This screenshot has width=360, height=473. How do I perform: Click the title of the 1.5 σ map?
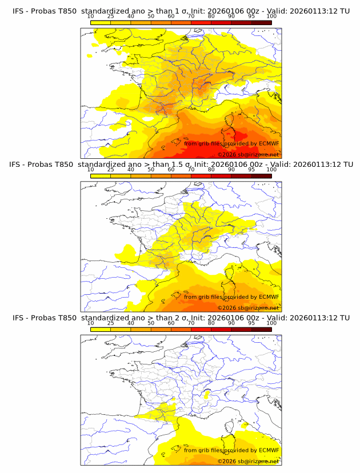pos(181,165)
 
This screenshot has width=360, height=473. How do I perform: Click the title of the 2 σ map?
pos(181,318)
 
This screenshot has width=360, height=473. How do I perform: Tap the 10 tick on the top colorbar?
pos(91,16)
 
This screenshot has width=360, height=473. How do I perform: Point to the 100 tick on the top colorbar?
pos(271,16)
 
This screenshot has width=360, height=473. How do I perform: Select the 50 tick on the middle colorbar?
pos(151,170)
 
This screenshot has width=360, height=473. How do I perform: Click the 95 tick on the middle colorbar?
pos(251,170)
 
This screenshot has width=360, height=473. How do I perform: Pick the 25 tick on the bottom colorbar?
pos(111,323)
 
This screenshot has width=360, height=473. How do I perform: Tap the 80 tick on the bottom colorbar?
pos(211,323)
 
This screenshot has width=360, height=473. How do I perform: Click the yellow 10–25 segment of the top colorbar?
pos(101,22)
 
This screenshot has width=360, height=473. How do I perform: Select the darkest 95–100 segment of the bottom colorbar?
pos(261,329)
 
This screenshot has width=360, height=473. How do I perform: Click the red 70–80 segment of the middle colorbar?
pos(201,176)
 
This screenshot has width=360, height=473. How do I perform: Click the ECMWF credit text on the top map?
pos(231,143)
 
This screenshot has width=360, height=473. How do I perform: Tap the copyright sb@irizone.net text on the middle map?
pos(248,308)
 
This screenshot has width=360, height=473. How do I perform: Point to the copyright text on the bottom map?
pos(248,461)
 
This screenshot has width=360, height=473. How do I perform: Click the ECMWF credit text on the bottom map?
pos(231,450)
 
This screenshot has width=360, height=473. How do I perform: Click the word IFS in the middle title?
pos(18,165)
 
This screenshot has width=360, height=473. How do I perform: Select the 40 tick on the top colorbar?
pos(131,16)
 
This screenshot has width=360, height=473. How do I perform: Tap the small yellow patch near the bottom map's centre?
pos(207,393)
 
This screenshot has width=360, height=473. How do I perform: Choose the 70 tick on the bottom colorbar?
pos(191,323)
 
